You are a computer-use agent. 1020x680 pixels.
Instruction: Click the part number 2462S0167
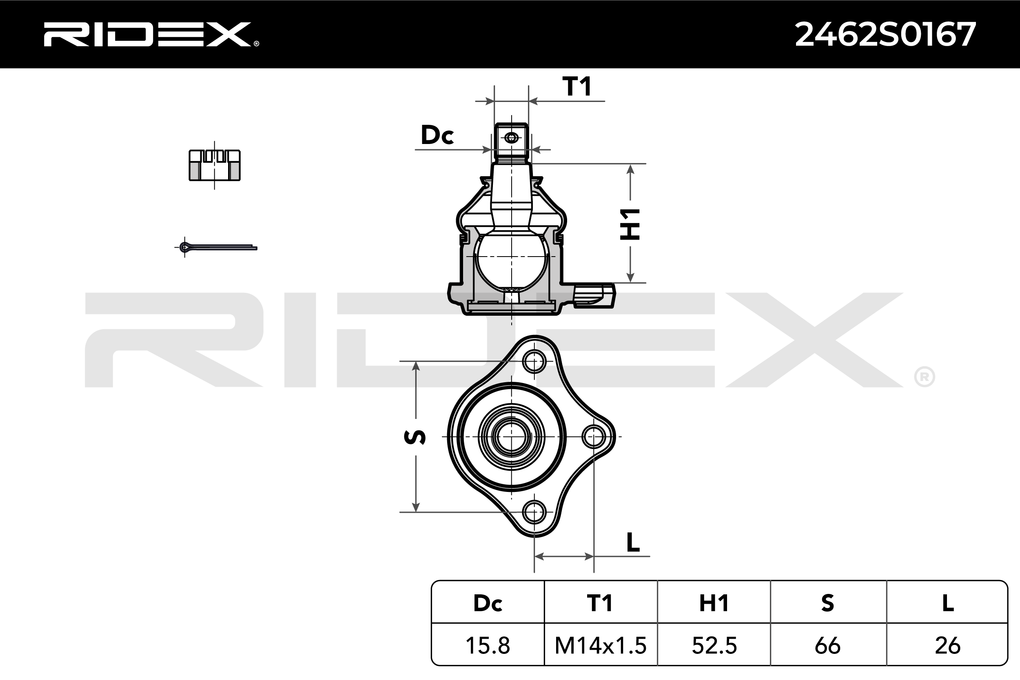tap(885, 35)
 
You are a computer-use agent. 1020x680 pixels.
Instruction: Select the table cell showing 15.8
tap(488, 646)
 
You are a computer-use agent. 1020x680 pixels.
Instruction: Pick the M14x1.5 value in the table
tap(600, 646)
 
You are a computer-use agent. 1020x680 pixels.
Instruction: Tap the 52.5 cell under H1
tap(714, 646)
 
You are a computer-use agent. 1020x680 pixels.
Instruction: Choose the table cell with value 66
tap(827, 646)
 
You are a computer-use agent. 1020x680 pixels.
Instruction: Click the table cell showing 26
tap(947, 646)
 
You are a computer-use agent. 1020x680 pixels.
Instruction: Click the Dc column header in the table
tap(488, 603)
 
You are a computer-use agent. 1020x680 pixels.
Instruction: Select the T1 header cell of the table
tap(600, 603)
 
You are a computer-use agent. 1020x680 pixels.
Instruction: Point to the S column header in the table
tap(827, 603)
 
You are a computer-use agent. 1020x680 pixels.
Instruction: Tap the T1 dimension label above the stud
tap(577, 86)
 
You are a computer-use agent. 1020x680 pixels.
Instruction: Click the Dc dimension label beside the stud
tap(437, 135)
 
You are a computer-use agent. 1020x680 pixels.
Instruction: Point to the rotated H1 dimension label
tap(630, 224)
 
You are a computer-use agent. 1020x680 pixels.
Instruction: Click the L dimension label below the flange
tap(633, 542)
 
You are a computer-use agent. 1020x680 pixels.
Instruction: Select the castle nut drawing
tap(215, 165)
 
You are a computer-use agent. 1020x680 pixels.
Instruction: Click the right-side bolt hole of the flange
tap(593, 437)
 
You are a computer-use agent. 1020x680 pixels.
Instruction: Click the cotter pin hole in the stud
tap(512, 138)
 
